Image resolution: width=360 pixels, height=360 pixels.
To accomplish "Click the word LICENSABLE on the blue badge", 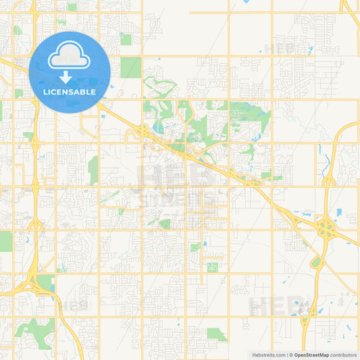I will coord(70,92).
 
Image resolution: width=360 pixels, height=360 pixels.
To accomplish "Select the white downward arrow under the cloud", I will coord(70,74).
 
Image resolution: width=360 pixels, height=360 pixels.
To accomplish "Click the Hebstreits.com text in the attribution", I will coord(269,355).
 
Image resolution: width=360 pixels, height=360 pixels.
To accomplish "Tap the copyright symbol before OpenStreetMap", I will coord(291,355).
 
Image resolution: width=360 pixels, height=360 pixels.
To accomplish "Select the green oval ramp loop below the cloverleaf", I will coord(316,262).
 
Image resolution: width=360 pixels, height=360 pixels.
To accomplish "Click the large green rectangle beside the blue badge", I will coord(130,68).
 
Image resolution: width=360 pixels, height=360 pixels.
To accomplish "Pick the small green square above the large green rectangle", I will coord(126,39).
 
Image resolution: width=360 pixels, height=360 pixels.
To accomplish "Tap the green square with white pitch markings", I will coord(213,267).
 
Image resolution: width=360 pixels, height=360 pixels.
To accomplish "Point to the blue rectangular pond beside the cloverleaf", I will coord(338,212).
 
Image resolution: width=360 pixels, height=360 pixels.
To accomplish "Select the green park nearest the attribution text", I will coord(216,333).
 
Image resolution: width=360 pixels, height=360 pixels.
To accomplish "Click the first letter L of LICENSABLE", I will coord(45,92).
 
